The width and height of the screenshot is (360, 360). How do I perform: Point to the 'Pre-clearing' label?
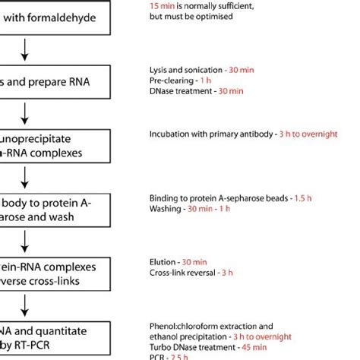click(171, 81)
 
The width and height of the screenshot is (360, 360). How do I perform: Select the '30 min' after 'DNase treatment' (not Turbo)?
click(229, 91)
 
